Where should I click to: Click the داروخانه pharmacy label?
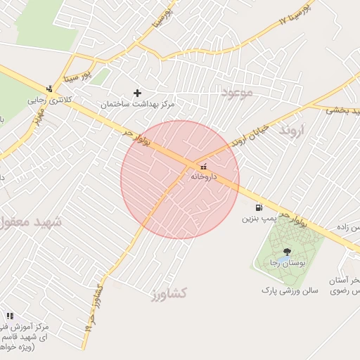[x=205, y=176]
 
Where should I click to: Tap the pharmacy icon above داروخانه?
[x=204, y=167]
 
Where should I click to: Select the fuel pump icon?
[x=259, y=208]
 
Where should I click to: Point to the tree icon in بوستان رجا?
[x=286, y=251]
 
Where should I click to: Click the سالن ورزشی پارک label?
[x=290, y=289]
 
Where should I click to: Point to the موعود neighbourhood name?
[x=236, y=93]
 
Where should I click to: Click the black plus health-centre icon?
[x=137, y=93]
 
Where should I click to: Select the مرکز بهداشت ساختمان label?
[x=137, y=104]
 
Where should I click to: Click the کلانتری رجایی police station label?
[x=51, y=100]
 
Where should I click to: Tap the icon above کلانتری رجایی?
[x=49, y=89]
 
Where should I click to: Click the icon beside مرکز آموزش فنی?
[x=9, y=316]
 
